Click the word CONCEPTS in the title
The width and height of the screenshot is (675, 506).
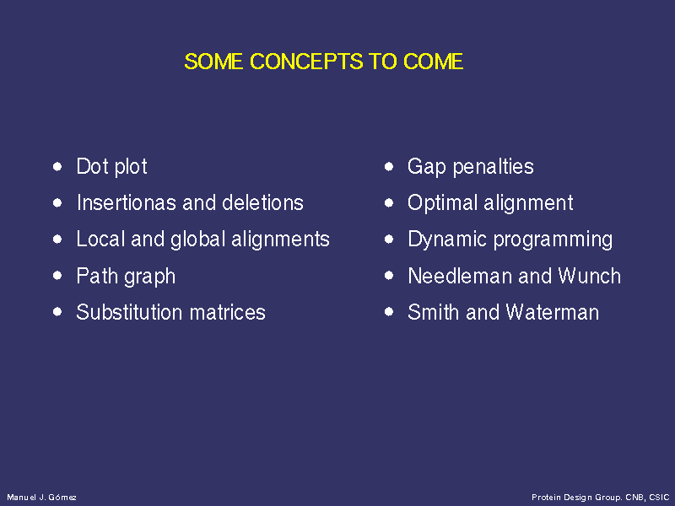click(306, 62)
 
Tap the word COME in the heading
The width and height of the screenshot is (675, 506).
click(433, 62)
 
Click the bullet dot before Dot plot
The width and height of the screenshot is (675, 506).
click(57, 166)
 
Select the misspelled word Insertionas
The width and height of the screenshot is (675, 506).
click(127, 202)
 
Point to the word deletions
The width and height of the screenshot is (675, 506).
click(262, 202)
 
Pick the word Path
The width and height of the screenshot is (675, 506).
click(97, 276)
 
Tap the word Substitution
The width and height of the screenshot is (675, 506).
click(130, 312)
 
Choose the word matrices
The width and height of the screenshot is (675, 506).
click(227, 312)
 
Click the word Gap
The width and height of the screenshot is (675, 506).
click(426, 167)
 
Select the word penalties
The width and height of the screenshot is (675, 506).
click(494, 166)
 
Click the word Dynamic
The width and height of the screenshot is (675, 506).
click(447, 240)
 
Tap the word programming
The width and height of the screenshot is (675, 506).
click(553, 240)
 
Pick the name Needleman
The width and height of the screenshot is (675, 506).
click(459, 276)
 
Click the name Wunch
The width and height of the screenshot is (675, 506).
click(589, 276)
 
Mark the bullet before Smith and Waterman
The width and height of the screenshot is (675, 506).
click(389, 312)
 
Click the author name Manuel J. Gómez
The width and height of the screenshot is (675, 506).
click(41, 498)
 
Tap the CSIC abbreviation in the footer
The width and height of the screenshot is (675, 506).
click(659, 498)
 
